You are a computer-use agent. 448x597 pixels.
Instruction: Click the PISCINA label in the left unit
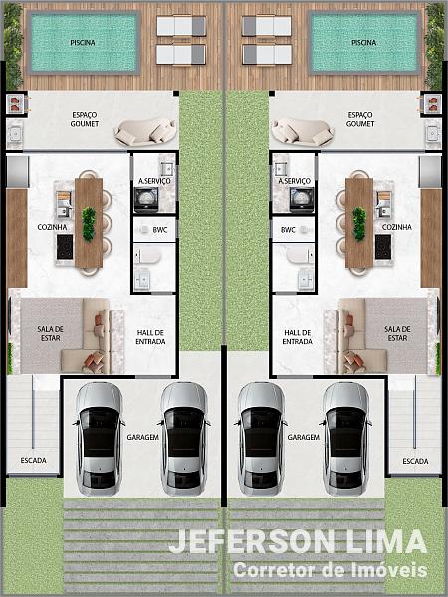pos(83,42)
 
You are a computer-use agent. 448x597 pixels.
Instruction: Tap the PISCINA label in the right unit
pos(363,42)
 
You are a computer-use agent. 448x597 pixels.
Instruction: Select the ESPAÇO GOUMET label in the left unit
pos(85,119)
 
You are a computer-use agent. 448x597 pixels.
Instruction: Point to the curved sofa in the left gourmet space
pos(145,131)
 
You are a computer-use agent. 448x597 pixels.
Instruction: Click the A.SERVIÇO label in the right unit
pos(294,181)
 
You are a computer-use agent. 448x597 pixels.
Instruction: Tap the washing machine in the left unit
pos(146,199)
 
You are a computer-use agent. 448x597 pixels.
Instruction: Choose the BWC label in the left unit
pos(160,230)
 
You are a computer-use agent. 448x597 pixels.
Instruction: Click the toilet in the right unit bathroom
pos(300,255)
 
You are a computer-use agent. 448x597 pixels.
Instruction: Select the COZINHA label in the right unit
pos(397,227)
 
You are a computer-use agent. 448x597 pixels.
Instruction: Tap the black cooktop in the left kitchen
pos(65,247)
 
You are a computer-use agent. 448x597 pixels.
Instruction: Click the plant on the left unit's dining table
pos(89,224)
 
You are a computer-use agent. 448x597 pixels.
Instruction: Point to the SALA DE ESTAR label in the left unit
pos(51,333)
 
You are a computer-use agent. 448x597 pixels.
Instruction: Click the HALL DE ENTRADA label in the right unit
pos(297,337)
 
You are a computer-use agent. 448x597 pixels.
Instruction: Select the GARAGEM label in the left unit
pos(142,437)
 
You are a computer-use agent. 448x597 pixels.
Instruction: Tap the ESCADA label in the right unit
pos(415,461)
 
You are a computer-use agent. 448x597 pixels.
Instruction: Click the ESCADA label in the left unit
pos(34,461)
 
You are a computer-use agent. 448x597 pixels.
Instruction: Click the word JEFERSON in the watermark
pos(252,541)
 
